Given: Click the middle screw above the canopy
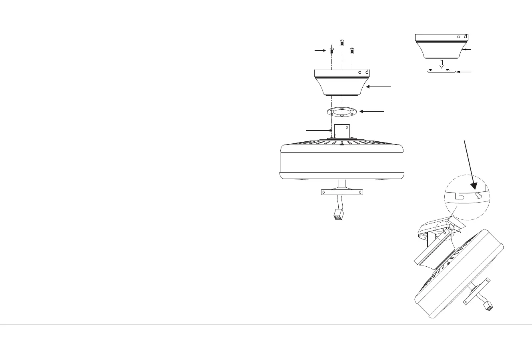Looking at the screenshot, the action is (341, 42).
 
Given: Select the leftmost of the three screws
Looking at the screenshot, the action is (331, 51).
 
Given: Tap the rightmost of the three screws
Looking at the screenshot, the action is (352, 51).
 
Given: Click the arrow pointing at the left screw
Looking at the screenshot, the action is (321, 51).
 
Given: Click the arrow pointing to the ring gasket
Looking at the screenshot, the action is (372, 111).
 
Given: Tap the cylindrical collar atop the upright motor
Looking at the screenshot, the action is (341, 131).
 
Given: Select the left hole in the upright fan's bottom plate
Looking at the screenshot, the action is (324, 192).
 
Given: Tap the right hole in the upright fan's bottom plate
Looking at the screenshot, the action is (360, 192).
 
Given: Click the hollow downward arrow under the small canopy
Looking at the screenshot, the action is (442, 64).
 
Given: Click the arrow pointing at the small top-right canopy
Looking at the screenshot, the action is (468, 50).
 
